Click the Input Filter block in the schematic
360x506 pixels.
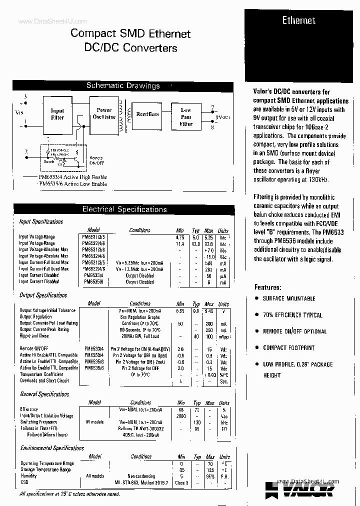pos(57,114)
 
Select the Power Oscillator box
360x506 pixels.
pos(104,113)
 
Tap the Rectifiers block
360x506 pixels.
pos(147,114)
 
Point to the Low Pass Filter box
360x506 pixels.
pos(185,117)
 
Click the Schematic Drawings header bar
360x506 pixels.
pos(123,86)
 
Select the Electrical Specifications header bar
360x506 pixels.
pos(124,209)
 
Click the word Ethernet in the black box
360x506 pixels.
pos(298,20)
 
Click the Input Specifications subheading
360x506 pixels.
pos(41,222)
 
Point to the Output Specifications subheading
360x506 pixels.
pos(43,295)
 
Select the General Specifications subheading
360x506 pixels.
pos(44,394)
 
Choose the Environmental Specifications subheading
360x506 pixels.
pos(52,448)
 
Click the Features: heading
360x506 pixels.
pos(267,287)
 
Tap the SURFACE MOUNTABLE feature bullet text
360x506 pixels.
pos(289,298)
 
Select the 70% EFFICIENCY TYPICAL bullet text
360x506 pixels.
pos(292,315)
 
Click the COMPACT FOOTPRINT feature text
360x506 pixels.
pos(288,348)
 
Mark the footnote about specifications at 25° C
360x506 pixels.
pos(69,494)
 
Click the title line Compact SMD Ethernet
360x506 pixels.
pos(130,34)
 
